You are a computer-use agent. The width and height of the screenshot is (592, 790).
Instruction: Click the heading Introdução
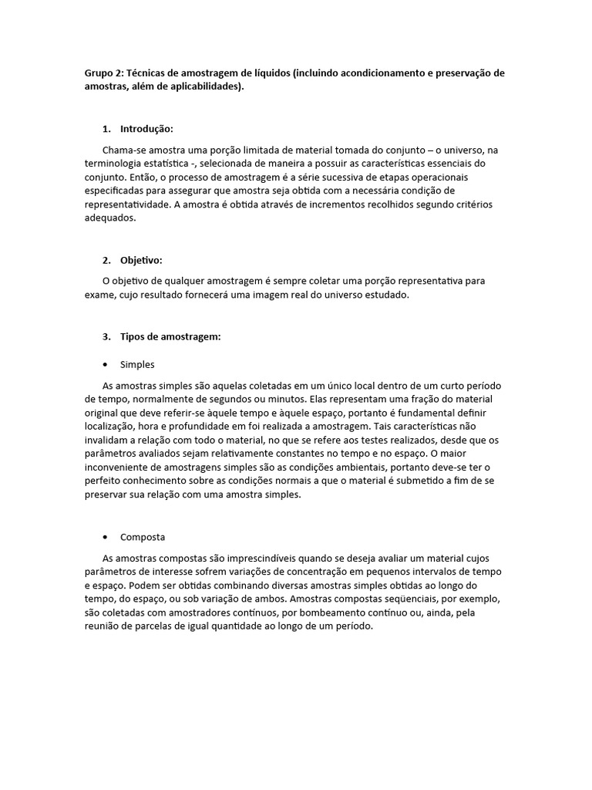tap(146, 128)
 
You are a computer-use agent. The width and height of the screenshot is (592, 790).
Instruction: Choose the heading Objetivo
tap(141, 260)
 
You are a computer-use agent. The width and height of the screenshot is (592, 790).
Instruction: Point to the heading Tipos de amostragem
tap(170, 336)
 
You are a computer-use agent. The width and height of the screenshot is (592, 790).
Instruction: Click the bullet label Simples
tap(137, 364)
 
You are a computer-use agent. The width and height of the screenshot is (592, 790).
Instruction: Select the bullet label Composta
tap(143, 537)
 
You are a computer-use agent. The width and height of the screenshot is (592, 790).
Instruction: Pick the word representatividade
tap(127, 204)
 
